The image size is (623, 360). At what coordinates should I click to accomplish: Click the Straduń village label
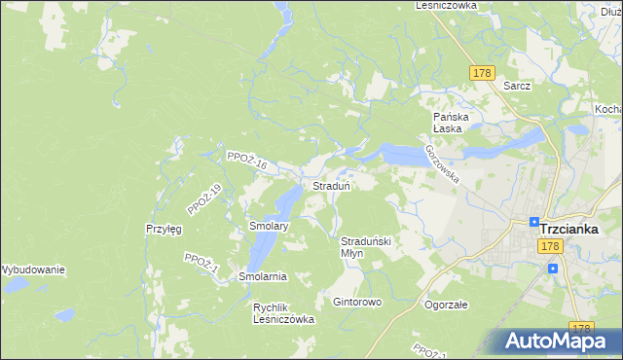point(331,185)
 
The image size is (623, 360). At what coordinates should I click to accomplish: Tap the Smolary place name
point(268,226)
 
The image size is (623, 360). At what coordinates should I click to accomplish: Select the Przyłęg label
point(163,229)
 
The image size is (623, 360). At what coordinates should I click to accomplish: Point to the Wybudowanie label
point(31,270)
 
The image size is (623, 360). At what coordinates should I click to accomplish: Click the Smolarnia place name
point(263,276)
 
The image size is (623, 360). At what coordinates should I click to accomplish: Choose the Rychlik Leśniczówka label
point(283,313)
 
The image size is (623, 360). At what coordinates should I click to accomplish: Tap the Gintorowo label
point(357,302)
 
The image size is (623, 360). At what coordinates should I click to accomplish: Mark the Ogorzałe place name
point(447,304)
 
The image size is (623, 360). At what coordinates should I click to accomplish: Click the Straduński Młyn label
point(365,246)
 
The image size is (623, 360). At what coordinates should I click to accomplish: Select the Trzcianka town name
point(580,228)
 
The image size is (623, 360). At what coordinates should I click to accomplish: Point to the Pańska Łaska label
point(452,123)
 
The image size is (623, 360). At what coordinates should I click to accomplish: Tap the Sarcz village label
point(517,86)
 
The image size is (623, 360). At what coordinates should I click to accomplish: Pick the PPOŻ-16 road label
point(245,162)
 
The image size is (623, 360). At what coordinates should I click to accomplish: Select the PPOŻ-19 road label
point(204,198)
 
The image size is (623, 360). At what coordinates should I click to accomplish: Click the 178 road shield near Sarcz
point(482,73)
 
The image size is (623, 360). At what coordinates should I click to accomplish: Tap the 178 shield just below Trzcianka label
point(551,248)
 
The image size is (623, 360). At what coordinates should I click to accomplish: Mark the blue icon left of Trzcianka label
point(534,222)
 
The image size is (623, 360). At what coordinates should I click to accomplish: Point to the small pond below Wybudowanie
point(64,315)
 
